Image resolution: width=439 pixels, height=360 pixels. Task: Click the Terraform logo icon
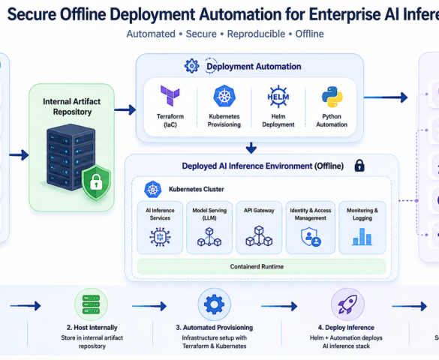tap(170, 96)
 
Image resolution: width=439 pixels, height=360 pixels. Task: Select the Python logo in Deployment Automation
tap(332, 97)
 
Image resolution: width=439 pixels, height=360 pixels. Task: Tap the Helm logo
tap(278, 97)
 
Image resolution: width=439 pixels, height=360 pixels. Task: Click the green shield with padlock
tap(96, 182)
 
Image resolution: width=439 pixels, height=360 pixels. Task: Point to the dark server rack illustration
tap(71, 157)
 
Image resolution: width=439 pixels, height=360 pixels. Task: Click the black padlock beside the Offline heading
tap(359, 165)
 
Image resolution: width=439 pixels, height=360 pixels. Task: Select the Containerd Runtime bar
tap(261, 266)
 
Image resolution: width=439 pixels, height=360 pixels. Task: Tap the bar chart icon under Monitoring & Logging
tap(362, 237)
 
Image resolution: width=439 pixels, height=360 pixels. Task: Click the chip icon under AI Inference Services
tap(160, 237)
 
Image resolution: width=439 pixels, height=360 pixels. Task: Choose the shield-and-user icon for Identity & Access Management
tap(311, 237)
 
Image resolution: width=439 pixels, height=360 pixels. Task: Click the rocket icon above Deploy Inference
tap(347, 304)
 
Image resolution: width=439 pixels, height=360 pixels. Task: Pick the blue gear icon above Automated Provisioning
tap(214, 304)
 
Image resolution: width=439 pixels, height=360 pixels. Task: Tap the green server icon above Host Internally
tap(91, 304)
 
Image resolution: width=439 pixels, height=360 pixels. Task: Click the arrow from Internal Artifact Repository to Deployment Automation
tap(125, 109)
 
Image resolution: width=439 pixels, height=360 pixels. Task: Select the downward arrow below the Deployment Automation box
tap(251, 148)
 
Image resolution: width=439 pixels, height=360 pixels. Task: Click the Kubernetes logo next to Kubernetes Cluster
tap(152, 189)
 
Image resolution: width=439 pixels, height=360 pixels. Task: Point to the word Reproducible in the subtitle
tap(256, 34)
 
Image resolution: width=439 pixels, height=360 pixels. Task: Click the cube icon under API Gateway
tap(259, 236)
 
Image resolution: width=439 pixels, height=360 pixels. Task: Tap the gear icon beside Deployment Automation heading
tap(192, 66)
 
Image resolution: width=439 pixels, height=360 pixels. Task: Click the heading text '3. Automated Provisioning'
tap(214, 328)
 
